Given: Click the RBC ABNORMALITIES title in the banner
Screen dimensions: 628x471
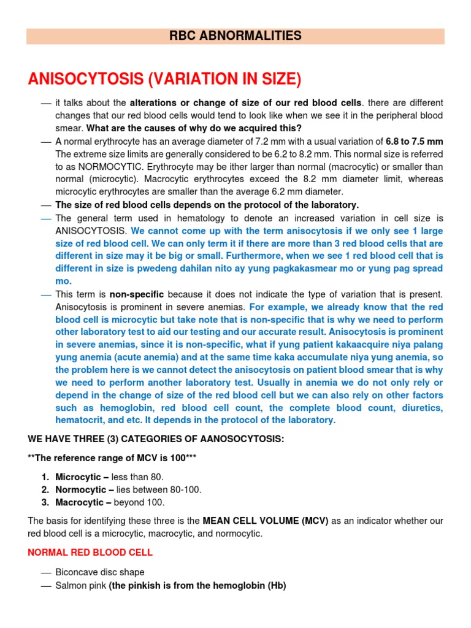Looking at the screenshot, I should tap(235, 36).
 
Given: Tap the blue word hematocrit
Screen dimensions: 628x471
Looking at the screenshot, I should tap(79, 420).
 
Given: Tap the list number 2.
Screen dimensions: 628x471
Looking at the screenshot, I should tap(45, 489).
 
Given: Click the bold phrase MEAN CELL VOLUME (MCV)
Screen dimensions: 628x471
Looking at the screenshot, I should tap(266, 521).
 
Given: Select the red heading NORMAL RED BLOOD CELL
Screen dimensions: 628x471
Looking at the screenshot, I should tap(90, 553).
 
